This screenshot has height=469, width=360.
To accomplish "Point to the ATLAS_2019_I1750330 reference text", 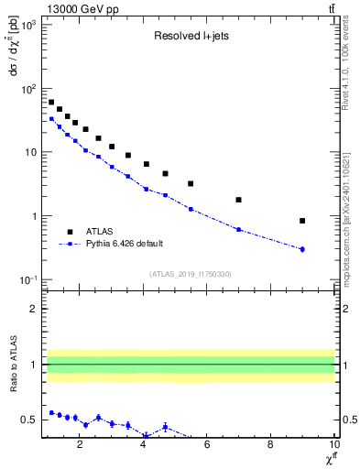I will click(190, 274).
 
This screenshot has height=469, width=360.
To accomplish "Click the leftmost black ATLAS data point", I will click(51, 102).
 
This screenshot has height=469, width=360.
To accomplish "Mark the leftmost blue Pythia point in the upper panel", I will click(51, 119).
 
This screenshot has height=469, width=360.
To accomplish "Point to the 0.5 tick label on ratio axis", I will click(31, 420).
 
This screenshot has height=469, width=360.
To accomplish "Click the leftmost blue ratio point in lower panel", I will click(51, 413).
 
